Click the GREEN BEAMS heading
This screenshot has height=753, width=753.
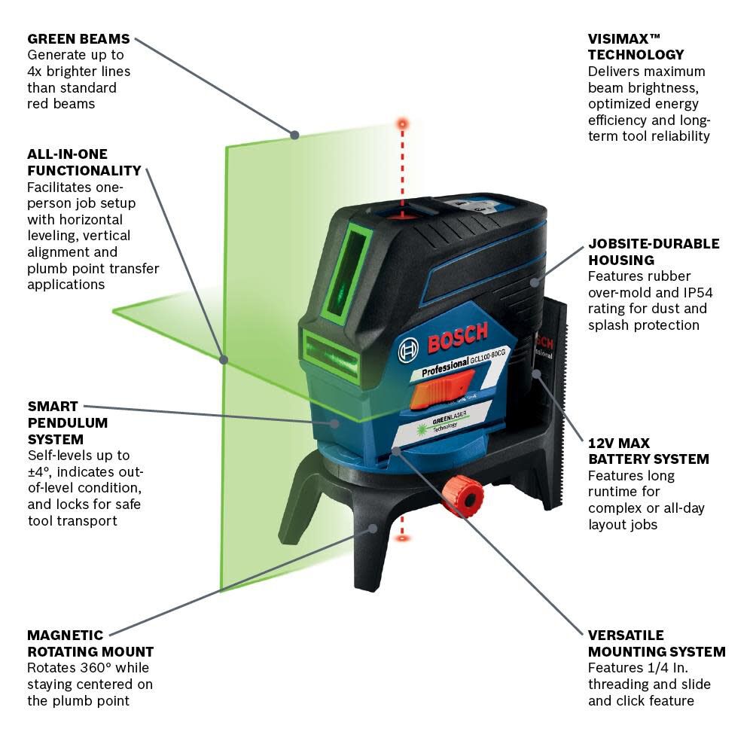(78, 38)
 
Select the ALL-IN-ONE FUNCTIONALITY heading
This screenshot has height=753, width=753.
(84, 163)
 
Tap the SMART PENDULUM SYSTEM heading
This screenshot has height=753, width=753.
(68, 422)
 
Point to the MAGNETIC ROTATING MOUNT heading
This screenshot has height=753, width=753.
(90, 644)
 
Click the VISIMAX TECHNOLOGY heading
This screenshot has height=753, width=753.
(636, 47)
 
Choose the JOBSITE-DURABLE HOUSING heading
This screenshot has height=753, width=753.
(654, 252)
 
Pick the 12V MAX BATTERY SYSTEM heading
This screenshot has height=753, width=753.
(648, 451)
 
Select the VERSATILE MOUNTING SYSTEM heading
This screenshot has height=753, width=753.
(657, 644)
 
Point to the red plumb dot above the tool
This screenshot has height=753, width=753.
(403, 122)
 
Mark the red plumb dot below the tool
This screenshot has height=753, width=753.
(403, 538)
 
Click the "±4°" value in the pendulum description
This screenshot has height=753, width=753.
(40, 472)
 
